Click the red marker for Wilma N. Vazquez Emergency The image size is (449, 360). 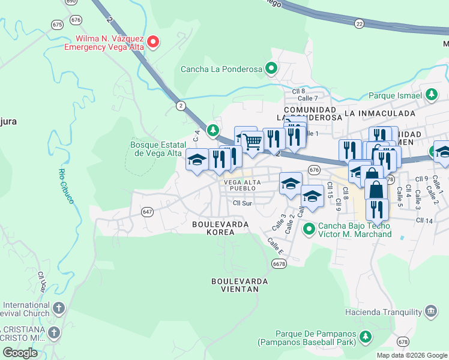coord(153,41)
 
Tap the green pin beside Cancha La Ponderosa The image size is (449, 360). coord(272,69)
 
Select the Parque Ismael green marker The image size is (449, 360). coord(431,95)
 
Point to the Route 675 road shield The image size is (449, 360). coord(58,25)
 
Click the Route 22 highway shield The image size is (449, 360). coord(359,23)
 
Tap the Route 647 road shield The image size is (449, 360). coord(147,212)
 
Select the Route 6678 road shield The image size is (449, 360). coord(278,263)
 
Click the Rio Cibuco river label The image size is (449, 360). coord(65,186)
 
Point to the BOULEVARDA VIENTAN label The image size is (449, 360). coord(235,284)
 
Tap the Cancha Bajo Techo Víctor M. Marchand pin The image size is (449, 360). coord(309,228)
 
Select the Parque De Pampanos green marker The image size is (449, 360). coord(363,340)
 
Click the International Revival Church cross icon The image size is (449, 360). coord(58,308)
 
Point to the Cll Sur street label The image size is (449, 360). coord(242,203)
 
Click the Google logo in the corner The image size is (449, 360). coord(20,353)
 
